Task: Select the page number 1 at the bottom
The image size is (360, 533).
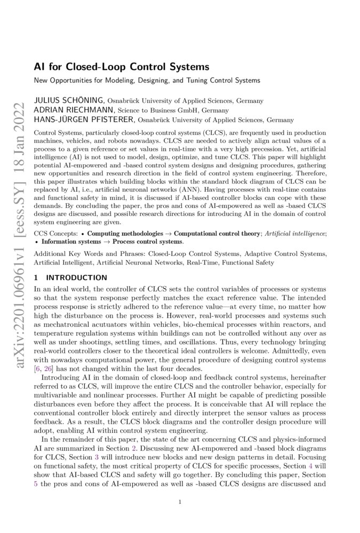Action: [x=180, y=502]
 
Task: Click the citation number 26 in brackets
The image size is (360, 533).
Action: [x=50, y=369]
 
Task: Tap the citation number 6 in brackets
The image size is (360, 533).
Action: [x=39, y=369]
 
